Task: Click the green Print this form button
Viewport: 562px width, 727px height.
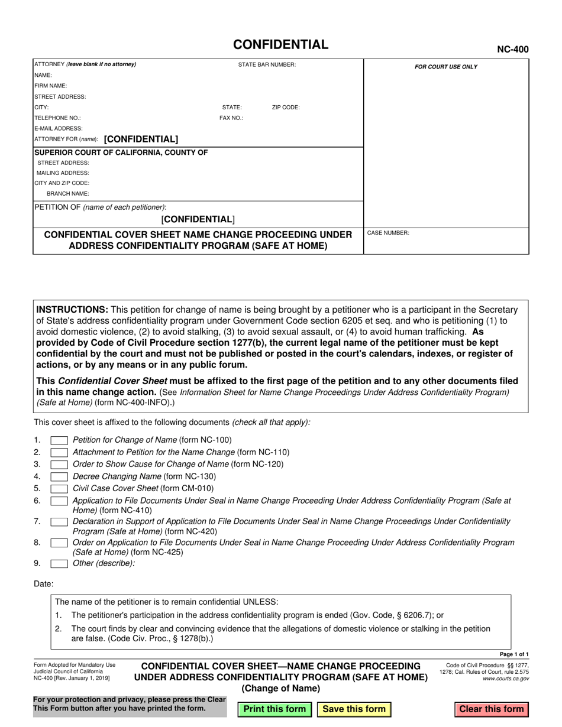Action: click(x=274, y=709)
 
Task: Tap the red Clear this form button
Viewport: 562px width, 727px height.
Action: click(x=491, y=709)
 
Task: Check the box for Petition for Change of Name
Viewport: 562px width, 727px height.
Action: click(x=59, y=440)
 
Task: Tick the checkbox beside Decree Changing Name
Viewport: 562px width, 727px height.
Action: click(x=59, y=476)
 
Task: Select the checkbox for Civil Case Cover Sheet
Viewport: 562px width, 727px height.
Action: click(x=59, y=489)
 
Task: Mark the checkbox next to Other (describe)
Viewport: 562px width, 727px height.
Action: click(x=59, y=563)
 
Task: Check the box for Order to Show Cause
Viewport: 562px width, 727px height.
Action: click(x=59, y=464)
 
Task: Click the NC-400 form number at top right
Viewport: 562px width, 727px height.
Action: click(x=512, y=50)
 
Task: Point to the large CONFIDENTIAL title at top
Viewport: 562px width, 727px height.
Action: click(x=280, y=45)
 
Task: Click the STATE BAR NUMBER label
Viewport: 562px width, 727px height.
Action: click(x=267, y=64)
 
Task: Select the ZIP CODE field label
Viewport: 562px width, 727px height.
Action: click(x=286, y=108)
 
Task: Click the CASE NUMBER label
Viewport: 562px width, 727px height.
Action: click(x=388, y=233)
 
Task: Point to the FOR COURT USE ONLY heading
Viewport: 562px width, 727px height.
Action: click(x=445, y=67)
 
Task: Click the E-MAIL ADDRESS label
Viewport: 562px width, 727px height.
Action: click(x=59, y=128)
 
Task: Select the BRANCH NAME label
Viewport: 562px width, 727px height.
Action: click(x=68, y=193)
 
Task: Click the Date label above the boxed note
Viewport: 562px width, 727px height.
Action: click(x=44, y=584)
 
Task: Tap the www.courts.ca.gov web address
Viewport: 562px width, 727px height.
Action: click(x=506, y=679)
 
